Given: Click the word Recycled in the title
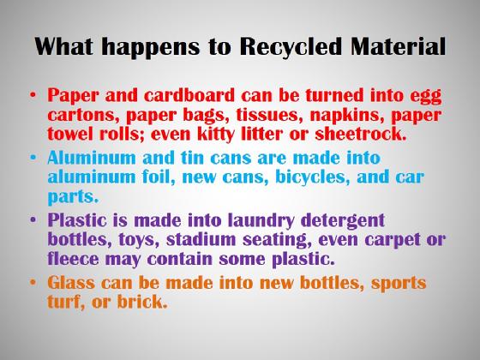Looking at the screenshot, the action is pyautogui.click(x=291, y=47).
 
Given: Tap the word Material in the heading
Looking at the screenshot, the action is pyautogui.click(x=399, y=46).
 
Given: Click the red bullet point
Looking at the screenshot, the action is pyautogui.click(x=33, y=94).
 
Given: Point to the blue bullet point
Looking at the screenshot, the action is pyautogui.click(x=33, y=157).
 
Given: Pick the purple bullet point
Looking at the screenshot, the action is pyautogui.click(x=33, y=219).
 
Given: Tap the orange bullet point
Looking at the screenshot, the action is pyautogui.click(x=33, y=282).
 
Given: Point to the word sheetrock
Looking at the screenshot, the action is pyautogui.click(x=361, y=134).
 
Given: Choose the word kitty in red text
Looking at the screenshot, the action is pyautogui.click(x=215, y=135).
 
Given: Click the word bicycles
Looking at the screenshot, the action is pyautogui.click(x=313, y=177).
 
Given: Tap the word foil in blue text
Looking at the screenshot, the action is pyautogui.click(x=159, y=177).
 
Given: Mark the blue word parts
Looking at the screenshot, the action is pyautogui.click(x=73, y=197).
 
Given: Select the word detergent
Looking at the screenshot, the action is pyautogui.click(x=343, y=221).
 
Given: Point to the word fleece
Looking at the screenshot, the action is pyautogui.click(x=74, y=258).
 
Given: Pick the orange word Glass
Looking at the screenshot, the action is pyautogui.click(x=71, y=282).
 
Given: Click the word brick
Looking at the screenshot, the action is pyautogui.click(x=142, y=301).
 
